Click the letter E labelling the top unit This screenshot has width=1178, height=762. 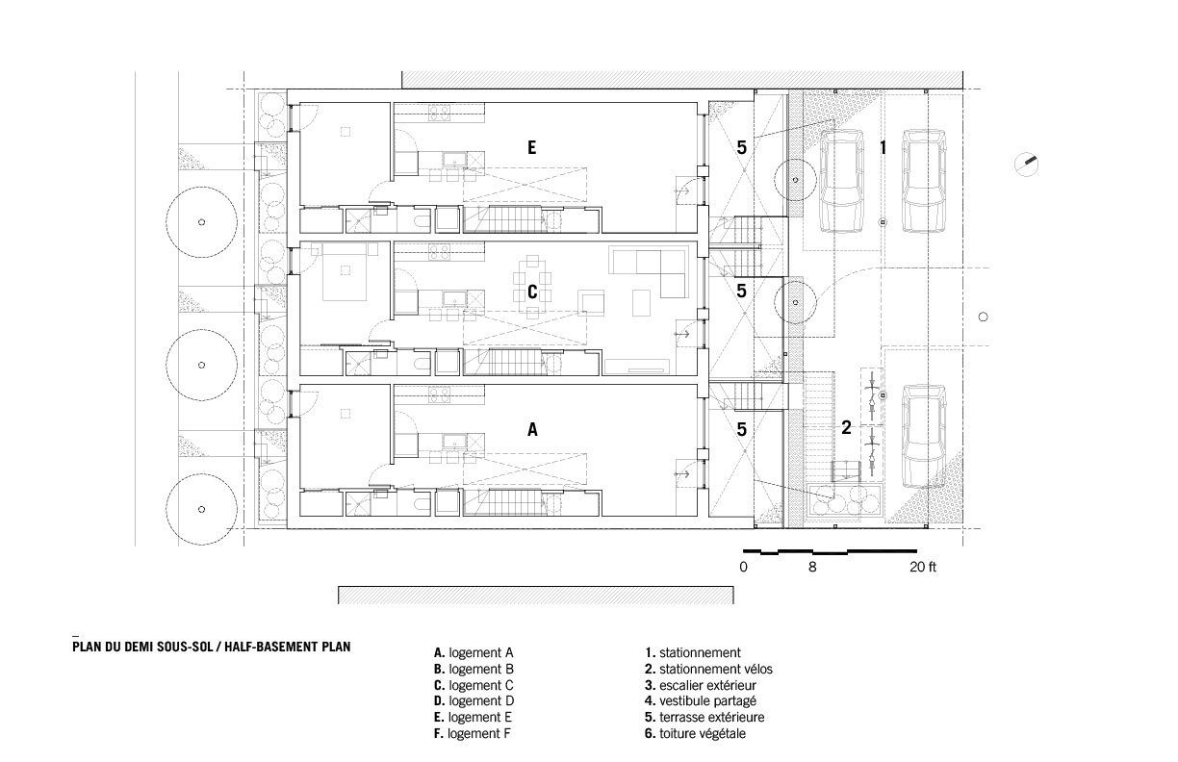(531, 147)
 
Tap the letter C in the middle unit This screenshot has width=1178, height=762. (531, 292)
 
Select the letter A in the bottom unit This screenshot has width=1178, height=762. (531, 431)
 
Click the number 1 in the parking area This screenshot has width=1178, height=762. (883, 147)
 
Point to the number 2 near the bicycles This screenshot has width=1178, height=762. (846, 428)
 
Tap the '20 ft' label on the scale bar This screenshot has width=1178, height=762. (922, 568)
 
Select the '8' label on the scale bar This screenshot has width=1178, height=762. (812, 568)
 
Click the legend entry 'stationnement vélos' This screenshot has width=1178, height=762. (707, 668)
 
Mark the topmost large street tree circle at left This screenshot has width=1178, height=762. (200, 222)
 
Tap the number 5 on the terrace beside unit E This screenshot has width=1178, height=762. (741, 147)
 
